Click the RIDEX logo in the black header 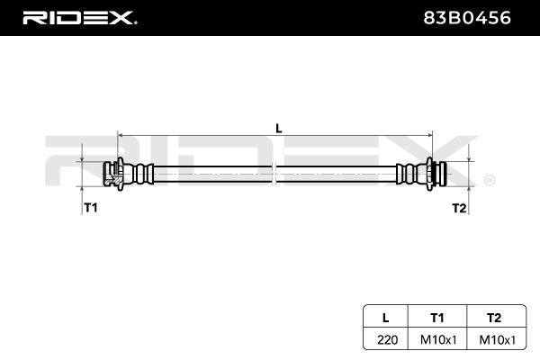tap(79, 18)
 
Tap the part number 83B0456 tap(466, 18)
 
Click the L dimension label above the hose tap(279, 129)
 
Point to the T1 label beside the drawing tap(91, 208)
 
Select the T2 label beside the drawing tap(459, 208)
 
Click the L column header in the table tap(386, 318)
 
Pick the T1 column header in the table tap(437, 318)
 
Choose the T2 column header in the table tap(494, 318)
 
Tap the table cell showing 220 tap(387, 340)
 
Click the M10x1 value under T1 tap(438, 340)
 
